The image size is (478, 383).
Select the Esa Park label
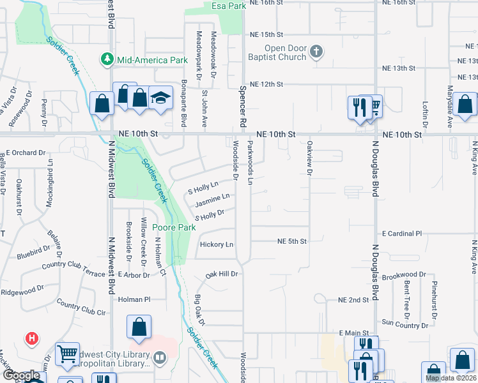tap(228, 6)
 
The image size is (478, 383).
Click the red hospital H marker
tap(31, 338)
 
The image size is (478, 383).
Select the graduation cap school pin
tap(160, 98)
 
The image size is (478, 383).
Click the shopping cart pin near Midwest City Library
tap(67, 354)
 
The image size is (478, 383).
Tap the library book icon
tap(160, 359)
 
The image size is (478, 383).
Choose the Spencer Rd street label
tap(243, 105)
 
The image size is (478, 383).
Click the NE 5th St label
tap(292, 241)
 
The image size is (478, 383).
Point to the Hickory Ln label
tap(217, 244)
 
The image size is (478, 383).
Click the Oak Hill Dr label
tap(221, 274)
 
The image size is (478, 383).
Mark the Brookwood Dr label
tap(404, 274)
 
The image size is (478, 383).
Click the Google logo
tap(22, 376)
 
